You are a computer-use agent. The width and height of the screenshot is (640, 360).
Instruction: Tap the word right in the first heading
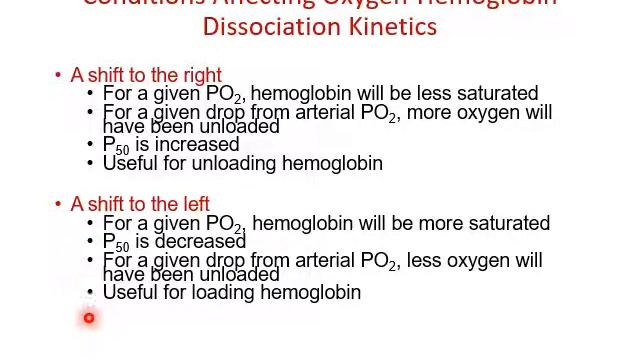[x=200, y=75]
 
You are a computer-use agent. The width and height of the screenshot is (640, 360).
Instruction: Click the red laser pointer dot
[x=89, y=318]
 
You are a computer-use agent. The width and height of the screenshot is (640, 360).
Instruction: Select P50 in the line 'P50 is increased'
[x=116, y=146]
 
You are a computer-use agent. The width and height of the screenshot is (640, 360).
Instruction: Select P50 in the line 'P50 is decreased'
[x=116, y=243]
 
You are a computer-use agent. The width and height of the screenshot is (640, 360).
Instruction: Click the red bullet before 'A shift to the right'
[x=58, y=76]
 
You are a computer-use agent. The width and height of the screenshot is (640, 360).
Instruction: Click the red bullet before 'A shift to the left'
[x=58, y=205]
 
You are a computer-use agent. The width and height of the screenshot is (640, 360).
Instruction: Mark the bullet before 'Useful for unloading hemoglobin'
[x=91, y=164]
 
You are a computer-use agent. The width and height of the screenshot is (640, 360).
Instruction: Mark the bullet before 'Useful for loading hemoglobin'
[x=91, y=293]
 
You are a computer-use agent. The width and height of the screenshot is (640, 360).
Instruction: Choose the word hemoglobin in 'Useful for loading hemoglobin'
[x=311, y=292]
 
